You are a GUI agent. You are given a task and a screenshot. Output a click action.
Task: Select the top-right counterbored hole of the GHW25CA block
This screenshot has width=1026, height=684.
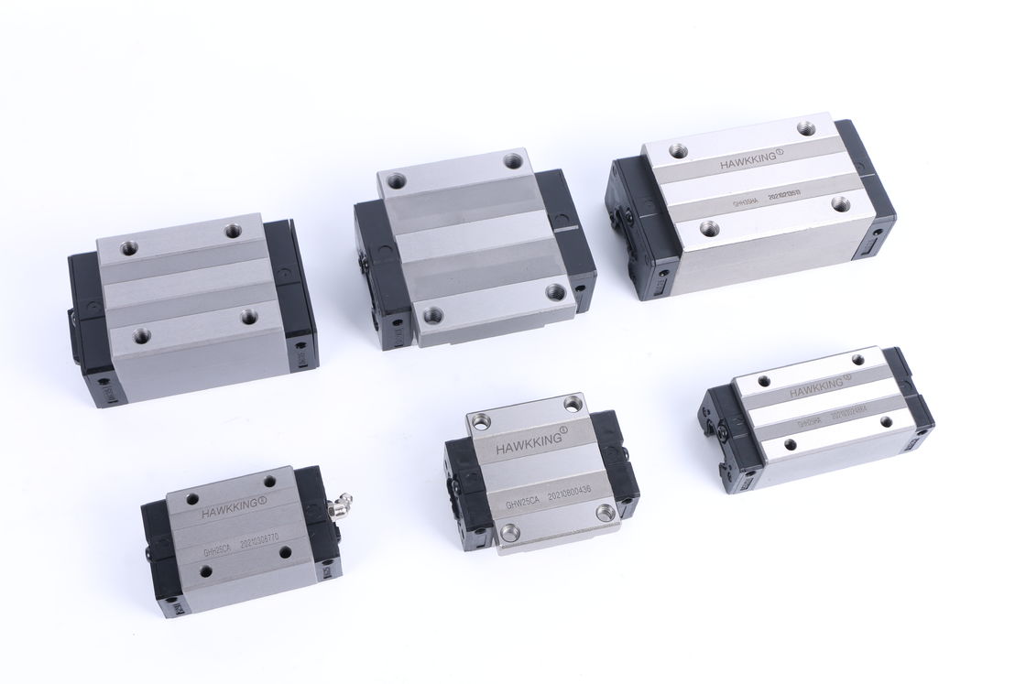click(x=573, y=402)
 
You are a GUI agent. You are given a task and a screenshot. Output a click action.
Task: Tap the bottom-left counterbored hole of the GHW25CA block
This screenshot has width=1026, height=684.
click(x=508, y=532)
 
